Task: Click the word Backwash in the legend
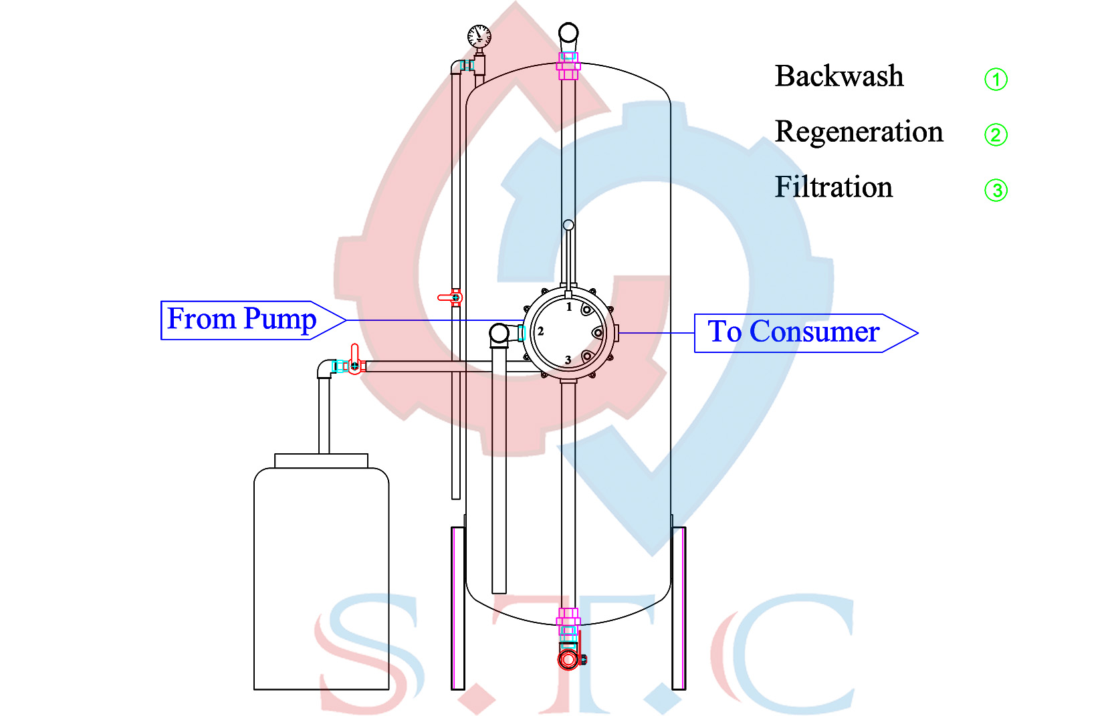click(839, 76)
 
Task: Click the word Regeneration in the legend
click(859, 132)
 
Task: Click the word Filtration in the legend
click(833, 187)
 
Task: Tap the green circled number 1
click(996, 80)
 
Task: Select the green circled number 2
click(996, 135)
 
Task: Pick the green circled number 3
click(996, 191)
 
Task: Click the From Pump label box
click(241, 320)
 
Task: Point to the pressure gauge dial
click(479, 36)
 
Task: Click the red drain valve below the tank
click(568, 659)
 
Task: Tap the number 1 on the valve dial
click(569, 307)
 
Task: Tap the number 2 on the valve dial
click(540, 331)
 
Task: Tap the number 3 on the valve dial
click(568, 360)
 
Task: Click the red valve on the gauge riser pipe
click(452, 297)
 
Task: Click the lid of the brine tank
click(321, 461)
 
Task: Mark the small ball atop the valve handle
click(568, 225)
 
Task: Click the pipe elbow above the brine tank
click(326, 368)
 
